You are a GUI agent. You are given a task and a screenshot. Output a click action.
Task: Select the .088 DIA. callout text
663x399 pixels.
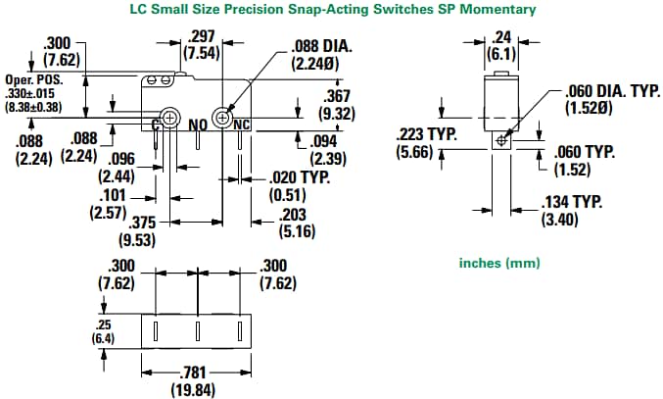click(x=324, y=47)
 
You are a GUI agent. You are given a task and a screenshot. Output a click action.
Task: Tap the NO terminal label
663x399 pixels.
click(x=197, y=125)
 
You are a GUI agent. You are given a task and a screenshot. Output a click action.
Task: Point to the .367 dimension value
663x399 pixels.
click(x=338, y=96)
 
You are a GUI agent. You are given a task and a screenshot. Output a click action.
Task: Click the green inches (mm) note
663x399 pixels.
click(x=499, y=263)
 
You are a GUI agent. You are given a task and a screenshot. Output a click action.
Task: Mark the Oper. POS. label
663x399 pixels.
click(x=33, y=80)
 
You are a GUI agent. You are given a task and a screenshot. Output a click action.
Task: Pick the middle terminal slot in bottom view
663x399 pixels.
click(x=198, y=329)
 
